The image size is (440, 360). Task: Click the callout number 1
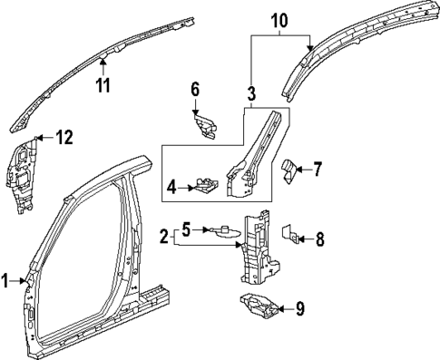pos(6,280)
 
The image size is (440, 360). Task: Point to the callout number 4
pos(170,188)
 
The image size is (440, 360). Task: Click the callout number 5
pos(185,229)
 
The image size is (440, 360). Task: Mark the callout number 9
pos(300,309)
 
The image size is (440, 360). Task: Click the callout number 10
pos(279,18)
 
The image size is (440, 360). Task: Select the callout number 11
pos(103,88)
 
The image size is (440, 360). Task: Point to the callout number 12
pos(63,138)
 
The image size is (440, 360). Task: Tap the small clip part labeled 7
pos(290,170)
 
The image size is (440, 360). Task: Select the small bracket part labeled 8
pos(293,236)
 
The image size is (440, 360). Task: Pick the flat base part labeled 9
pos(260,308)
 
